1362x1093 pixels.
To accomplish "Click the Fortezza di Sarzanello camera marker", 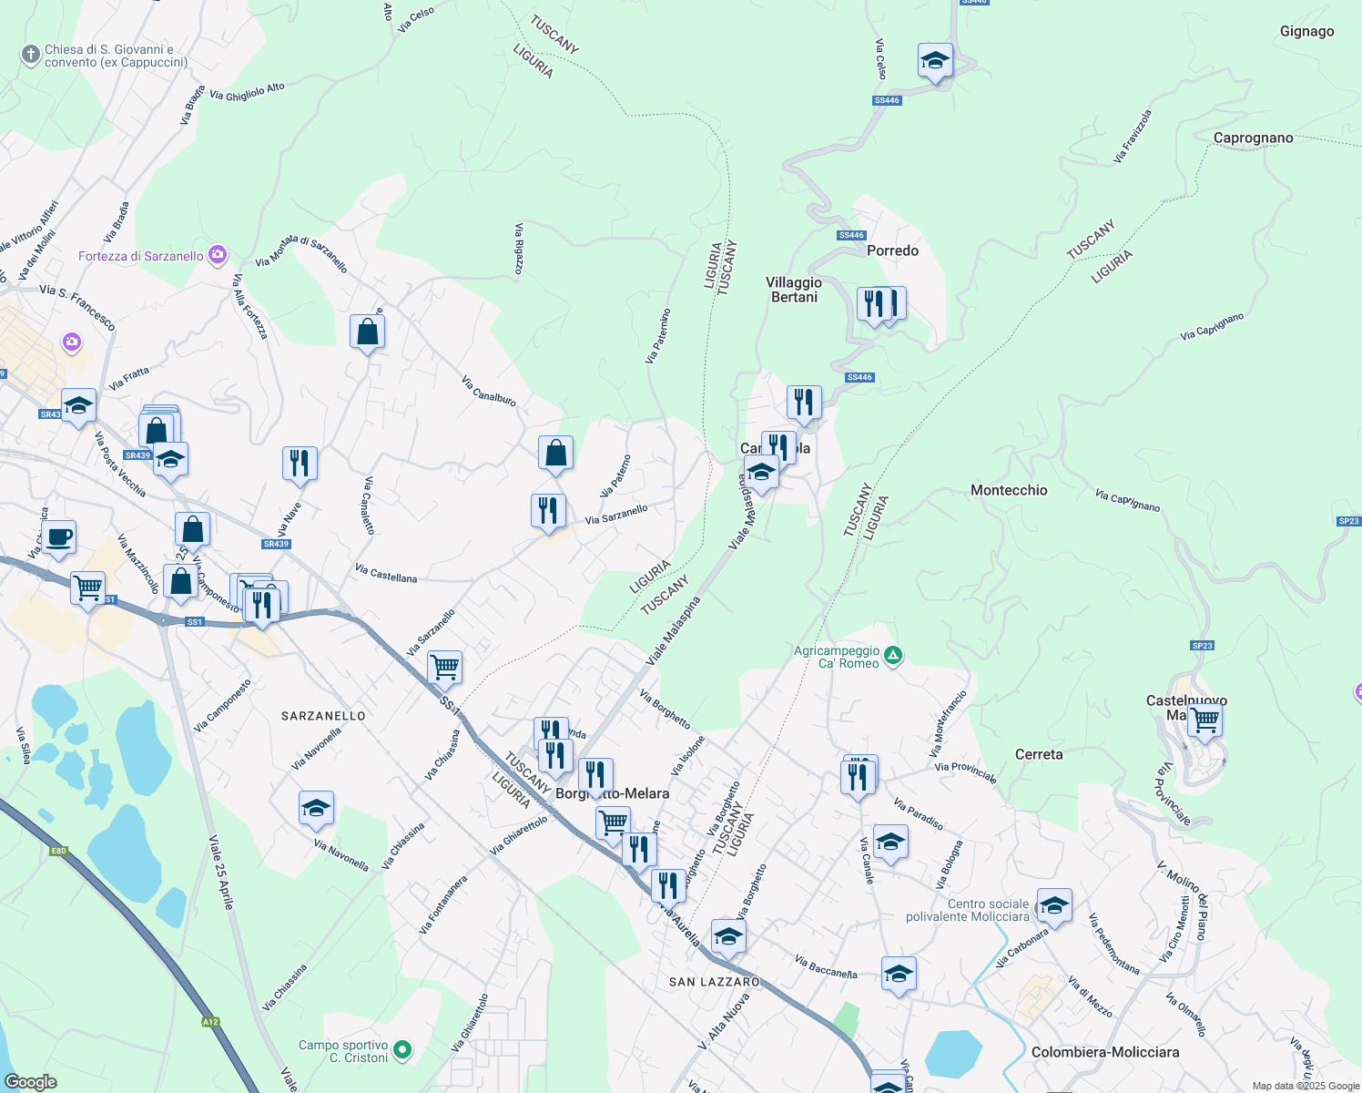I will tap(217, 255).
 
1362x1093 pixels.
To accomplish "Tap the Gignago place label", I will tap(1306, 32).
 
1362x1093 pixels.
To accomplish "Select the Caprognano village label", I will tap(1253, 138).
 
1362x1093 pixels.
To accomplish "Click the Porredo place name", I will tap(892, 250).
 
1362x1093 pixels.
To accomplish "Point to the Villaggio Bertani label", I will tap(794, 290).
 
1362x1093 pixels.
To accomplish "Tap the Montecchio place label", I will tap(1009, 490).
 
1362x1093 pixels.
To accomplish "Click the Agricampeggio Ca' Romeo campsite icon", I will tap(893, 656).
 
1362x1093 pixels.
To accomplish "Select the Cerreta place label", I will tap(1039, 754).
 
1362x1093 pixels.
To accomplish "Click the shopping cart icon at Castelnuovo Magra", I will tap(1204, 720).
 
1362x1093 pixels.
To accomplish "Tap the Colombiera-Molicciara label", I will tap(1105, 1052).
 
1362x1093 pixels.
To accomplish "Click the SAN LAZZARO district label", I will tap(715, 982).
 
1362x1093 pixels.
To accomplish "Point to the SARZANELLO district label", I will tap(323, 716).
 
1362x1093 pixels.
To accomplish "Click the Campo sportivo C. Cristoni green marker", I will tap(401, 1050).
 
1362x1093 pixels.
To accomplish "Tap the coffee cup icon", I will tap(59, 536).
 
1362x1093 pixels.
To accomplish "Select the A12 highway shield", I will tap(210, 1022).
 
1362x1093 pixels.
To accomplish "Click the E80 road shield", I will tap(58, 851).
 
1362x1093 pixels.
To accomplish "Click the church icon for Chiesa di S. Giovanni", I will tap(31, 56).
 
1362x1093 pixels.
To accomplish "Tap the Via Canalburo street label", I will tap(489, 391).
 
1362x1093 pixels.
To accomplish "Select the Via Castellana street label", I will tap(386, 574).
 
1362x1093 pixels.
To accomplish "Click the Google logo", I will tap(31, 1081).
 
